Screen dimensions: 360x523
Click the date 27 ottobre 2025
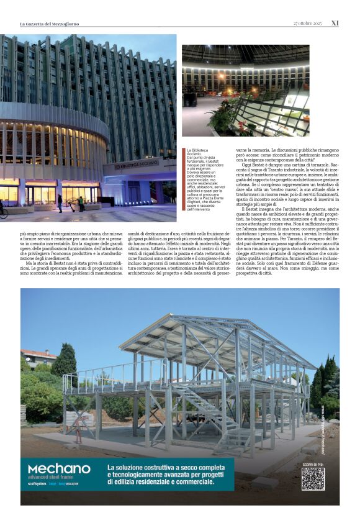pyautogui.click(x=308, y=24)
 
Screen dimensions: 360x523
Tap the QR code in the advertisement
pyautogui.click(x=313, y=478)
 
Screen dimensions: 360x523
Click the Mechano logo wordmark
pyautogui.click(x=59, y=469)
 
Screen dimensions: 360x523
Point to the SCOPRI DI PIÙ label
pyautogui.click(x=313, y=463)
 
